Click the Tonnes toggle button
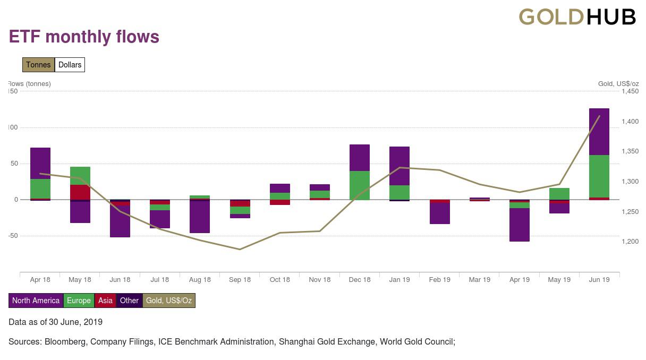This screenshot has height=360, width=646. click(x=38, y=65)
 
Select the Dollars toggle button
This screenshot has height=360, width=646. click(x=70, y=65)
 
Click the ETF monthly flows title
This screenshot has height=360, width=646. click(x=84, y=37)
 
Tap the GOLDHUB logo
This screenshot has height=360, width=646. click(x=577, y=17)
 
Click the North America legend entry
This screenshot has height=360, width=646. click(x=36, y=301)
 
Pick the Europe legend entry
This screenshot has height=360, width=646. click(x=79, y=301)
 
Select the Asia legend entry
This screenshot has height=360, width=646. click(x=105, y=301)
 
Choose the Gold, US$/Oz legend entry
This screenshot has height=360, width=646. click(x=169, y=301)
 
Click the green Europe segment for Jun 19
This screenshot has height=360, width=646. click(x=599, y=176)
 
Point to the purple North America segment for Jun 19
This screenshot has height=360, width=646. click(x=599, y=132)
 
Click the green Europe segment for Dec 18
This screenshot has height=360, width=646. click(x=360, y=185)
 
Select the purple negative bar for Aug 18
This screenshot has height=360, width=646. click(x=200, y=217)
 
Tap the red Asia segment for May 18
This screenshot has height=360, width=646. click(x=80, y=192)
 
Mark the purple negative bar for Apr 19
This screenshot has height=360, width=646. click(x=519, y=225)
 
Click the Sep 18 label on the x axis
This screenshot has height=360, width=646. click(x=240, y=280)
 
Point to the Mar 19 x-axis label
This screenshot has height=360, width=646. click(x=479, y=280)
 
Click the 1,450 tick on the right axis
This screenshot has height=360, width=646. click(x=630, y=91)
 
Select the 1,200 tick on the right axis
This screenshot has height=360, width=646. click(x=630, y=242)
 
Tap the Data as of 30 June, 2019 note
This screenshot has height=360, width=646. click(x=55, y=322)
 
